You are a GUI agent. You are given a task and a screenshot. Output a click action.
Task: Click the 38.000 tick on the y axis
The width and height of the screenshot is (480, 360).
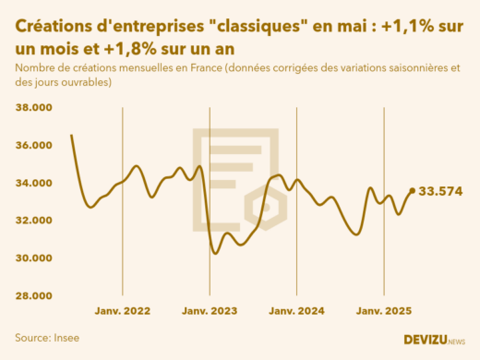point(34,108)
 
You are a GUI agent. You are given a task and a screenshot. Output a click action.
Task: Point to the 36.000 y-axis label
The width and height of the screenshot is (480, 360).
point(34,145)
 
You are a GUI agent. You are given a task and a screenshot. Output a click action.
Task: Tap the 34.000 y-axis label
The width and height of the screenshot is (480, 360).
point(34,183)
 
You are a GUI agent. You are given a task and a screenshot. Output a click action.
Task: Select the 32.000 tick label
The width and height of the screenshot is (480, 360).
point(34,221)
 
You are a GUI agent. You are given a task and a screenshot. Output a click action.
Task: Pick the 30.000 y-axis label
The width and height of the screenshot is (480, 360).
point(34,258)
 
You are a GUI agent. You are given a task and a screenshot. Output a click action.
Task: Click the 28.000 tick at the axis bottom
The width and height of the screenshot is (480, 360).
point(34,295)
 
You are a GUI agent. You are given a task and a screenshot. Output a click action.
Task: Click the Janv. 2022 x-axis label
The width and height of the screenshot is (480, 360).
point(124,312)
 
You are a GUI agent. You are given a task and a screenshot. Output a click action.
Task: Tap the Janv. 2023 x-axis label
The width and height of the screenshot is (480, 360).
point(210,312)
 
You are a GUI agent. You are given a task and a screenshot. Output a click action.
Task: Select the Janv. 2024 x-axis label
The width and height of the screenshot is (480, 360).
point(297,312)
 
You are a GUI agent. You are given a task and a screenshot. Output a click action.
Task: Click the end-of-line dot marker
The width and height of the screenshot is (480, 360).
point(412,191)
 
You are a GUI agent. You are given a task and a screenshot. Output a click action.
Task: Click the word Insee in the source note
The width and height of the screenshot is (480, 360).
point(66,338)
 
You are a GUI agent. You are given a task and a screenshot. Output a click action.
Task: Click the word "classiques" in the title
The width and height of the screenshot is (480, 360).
point(249,28)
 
